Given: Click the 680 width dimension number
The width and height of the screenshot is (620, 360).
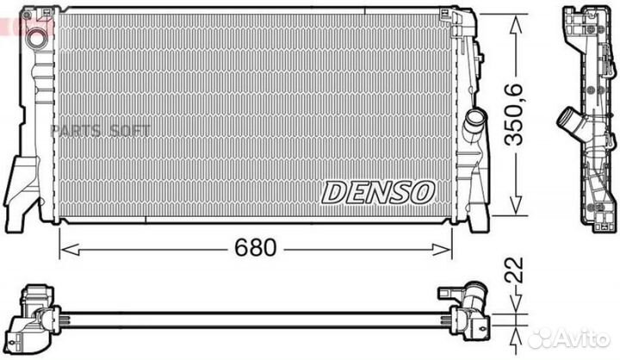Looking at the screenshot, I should click(257, 249).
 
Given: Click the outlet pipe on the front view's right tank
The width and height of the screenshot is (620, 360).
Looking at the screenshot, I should click(473, 125).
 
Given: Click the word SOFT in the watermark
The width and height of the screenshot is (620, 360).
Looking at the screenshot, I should click(130, 130).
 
